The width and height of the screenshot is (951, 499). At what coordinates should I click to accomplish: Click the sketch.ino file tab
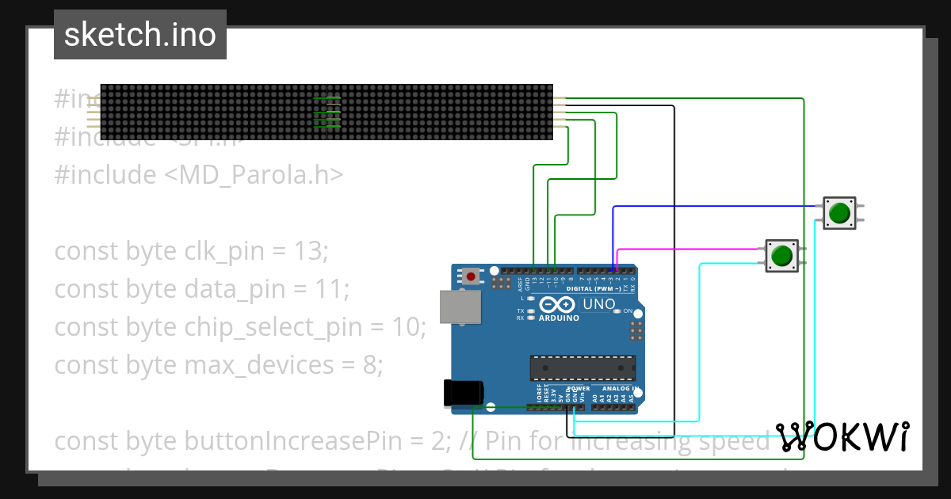(x=139, y=35)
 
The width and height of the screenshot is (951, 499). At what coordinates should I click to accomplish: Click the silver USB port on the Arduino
(x=460, y=307)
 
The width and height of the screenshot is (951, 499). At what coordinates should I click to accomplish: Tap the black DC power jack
(x=464, y=394)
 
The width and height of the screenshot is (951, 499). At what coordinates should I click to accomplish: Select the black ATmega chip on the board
(x=582, y=368)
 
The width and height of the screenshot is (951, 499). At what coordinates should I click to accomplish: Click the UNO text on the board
(x=598, y=304)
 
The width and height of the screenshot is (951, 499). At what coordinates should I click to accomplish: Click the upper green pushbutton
(x=838, y=213)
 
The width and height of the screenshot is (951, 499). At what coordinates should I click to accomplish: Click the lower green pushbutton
(x=781, y=256)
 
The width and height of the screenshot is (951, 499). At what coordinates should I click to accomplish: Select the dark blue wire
(x=713, y=206)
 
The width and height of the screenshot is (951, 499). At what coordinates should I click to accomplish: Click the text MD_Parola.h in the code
(x=254, y=175)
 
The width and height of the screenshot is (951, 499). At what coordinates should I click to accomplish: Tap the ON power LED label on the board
(x=628, y=311)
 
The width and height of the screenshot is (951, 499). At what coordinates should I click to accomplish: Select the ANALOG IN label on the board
(x=618, y=389)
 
